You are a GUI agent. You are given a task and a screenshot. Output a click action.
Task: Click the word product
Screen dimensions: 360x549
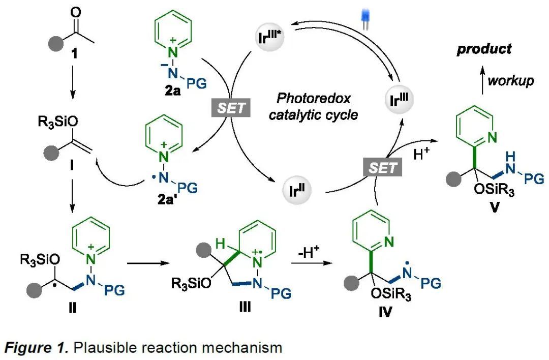pos(483,49)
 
